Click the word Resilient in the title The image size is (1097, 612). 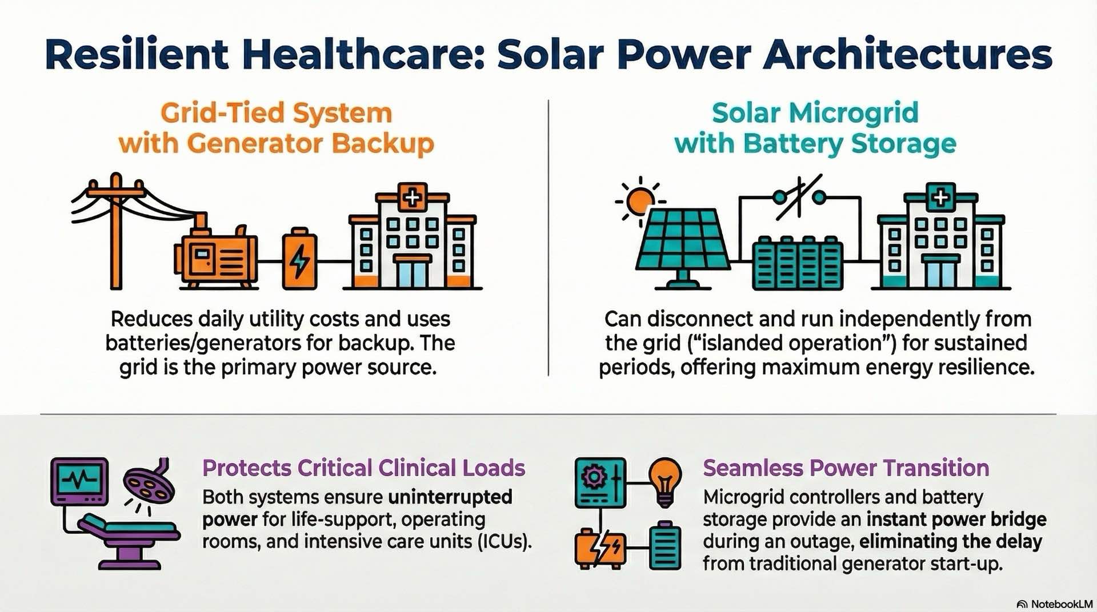tap(137, 55)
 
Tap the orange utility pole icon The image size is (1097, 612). tap(116, 228)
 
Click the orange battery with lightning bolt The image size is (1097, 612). tap(299, 260)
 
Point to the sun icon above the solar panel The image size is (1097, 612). tap(639, 201)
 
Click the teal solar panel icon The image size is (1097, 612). tap(683, 243)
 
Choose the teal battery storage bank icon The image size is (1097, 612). tap(797, 263)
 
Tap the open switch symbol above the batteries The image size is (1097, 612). tap(799, 198)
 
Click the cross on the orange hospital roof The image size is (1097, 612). tap(412, 197)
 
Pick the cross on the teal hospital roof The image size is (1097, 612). tap(940, 197)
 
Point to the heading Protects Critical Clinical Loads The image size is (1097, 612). tap(363, 468)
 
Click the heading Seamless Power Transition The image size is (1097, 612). tap(846, 468)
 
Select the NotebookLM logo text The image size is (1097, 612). tap(1061, 604)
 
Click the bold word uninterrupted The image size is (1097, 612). tap(450, 497)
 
